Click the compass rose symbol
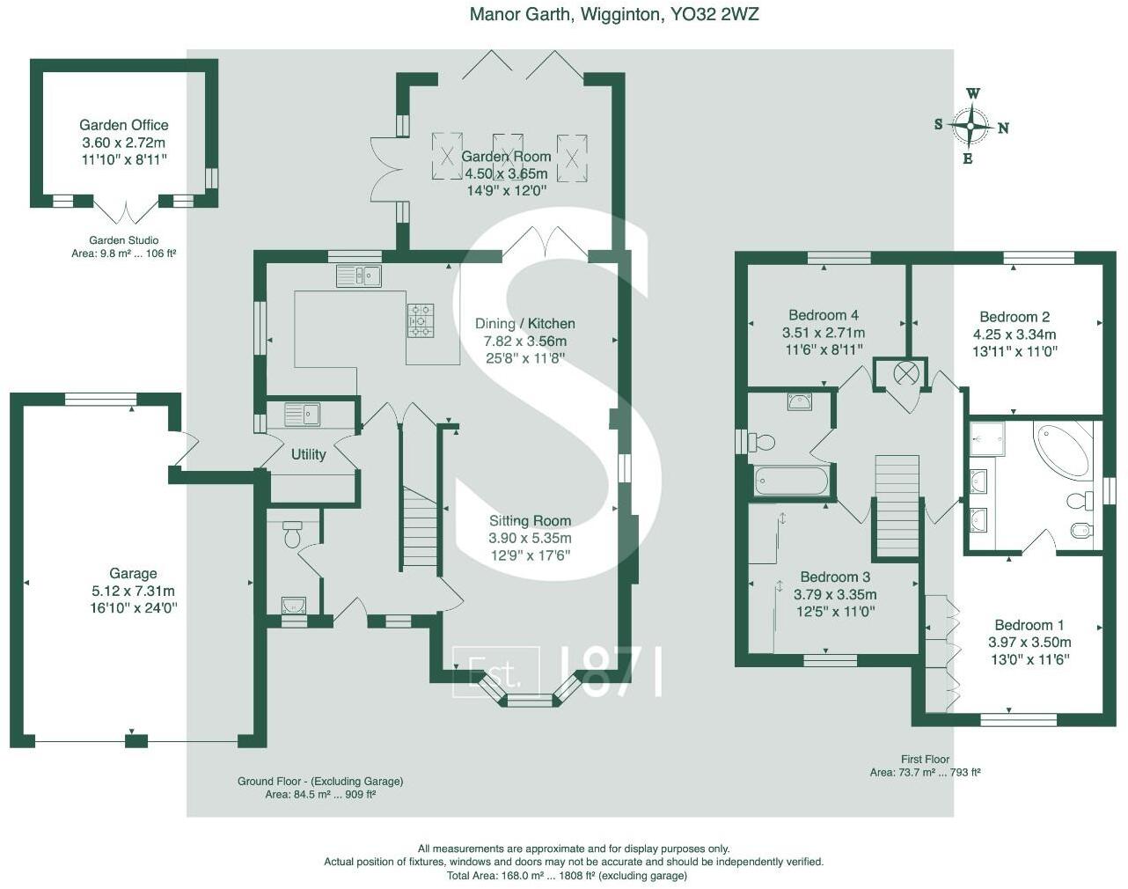click(x=970, y=127)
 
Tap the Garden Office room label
click(x=123, y=125)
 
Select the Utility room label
click(x=308, y=454)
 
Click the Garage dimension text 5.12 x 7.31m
click(x=133, y=591)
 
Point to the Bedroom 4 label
click(x=823, y=315)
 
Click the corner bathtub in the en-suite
click(x=1063, y=449)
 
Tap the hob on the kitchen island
click(x=420, y=320)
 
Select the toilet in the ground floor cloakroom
click(x=292, y=533)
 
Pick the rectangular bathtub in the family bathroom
click(x=791, y=481)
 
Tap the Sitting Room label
click(x=530, y=520)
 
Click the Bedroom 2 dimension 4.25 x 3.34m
click(x=1014, y=334)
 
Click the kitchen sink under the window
click(x=358, y=276)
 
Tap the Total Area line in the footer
click(x=567, y=876)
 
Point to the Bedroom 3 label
click(x=835, y=577)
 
